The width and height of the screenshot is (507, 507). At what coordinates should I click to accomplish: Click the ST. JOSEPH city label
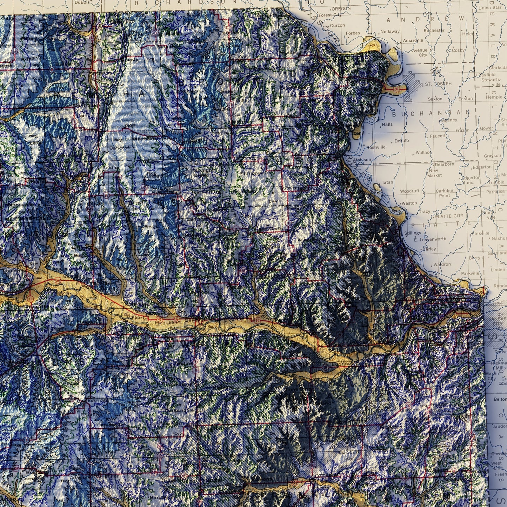point(438,84)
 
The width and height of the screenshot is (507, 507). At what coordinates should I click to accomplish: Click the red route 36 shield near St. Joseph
point(396,89)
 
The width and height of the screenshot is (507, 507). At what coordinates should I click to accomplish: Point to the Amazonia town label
point(413,40)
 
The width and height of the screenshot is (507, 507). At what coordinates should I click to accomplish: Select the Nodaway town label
point(390,31)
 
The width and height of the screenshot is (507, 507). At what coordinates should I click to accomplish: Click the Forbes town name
point(353,33)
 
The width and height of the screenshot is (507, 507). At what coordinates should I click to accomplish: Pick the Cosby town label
point(458,50)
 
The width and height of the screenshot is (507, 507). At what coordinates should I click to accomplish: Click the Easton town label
point(466,99)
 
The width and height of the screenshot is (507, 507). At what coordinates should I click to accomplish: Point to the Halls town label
point(387,124)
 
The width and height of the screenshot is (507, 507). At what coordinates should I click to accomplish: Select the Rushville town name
point(376,147)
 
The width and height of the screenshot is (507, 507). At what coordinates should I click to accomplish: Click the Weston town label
point(409,203)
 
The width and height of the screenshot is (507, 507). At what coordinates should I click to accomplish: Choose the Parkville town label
point(470,273)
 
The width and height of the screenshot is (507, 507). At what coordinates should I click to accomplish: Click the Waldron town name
point(442,264)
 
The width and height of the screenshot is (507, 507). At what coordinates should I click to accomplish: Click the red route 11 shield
point(31,298)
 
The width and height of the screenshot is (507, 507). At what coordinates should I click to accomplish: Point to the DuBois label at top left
point(82,2)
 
